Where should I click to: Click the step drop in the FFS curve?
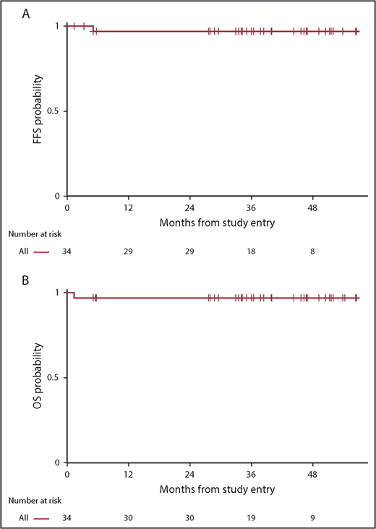point(93,29)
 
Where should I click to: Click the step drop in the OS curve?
point(74,295)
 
